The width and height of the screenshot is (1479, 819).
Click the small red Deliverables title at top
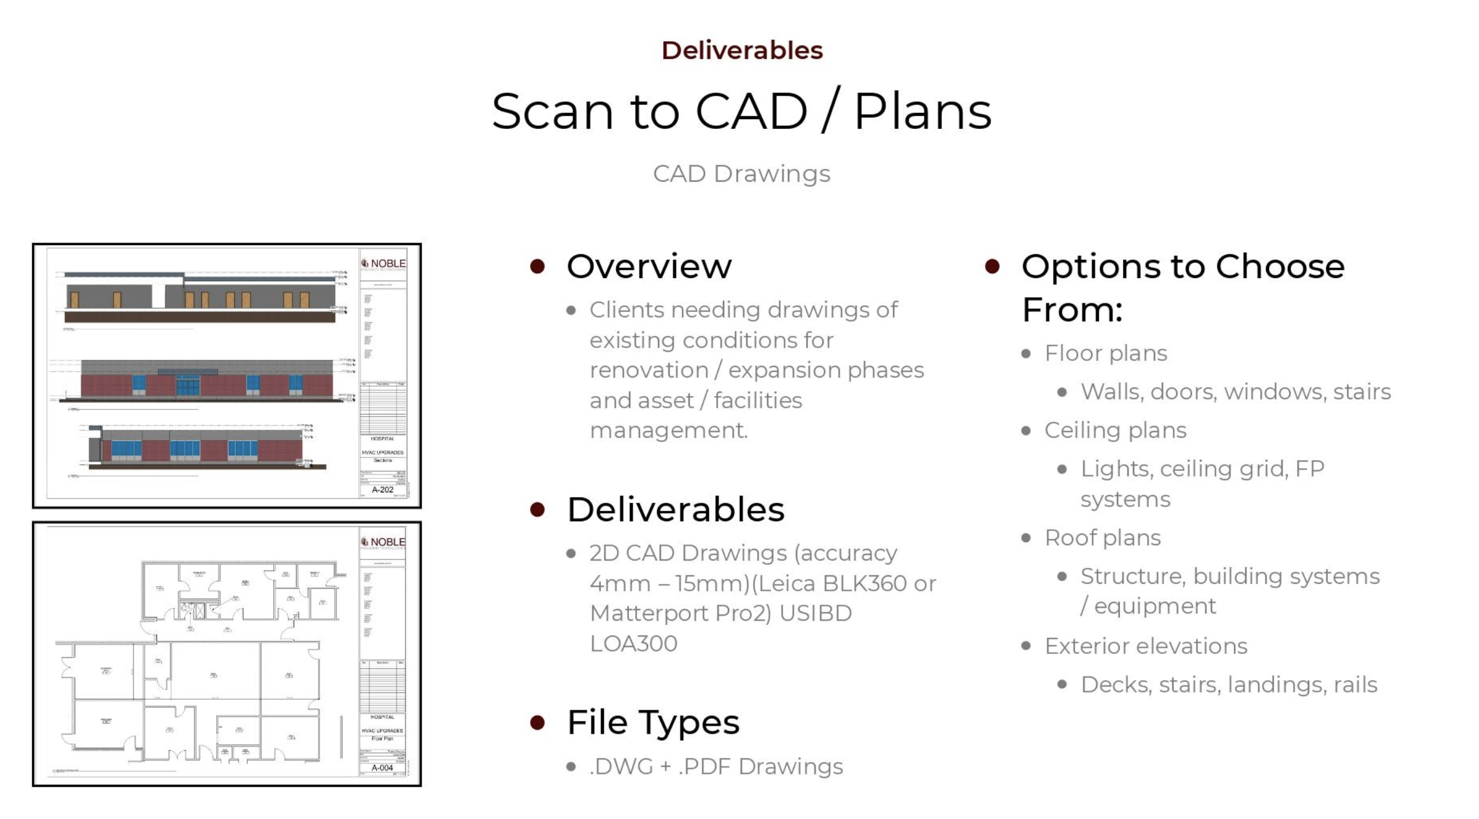coord(741,50)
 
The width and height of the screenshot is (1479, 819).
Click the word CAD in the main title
coord(750,112)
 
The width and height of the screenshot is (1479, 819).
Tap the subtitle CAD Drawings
coord(741,174)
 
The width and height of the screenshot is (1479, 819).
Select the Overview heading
coord(649,266)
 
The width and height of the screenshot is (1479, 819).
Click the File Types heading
coord(653,722)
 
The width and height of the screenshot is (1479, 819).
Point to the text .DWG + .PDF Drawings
coord(716,766)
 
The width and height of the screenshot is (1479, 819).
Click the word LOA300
coord(633,643)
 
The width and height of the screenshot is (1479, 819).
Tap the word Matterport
coord(650,613)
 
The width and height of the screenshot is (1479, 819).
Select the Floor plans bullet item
coord(1105,353)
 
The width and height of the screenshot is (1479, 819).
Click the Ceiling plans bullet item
coord(1115,430)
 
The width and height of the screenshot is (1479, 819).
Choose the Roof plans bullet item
coord(1102,538)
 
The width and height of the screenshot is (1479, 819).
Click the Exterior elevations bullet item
coord(1146,646)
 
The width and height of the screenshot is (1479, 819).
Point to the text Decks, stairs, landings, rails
coord(1229,685)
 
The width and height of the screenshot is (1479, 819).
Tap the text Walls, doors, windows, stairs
coord(1235,392)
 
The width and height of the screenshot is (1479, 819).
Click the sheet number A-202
coord(382,490)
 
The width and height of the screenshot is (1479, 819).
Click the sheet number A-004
coord(382,768)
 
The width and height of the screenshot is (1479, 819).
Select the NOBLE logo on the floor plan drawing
coord(383,542)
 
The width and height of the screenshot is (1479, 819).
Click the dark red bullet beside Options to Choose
coord(992,266)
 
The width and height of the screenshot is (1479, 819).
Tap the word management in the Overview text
coord(668,430)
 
